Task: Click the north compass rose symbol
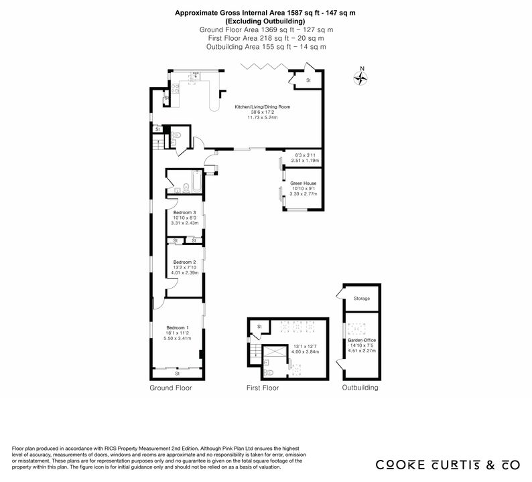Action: [x=360, y=78]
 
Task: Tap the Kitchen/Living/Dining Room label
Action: [x=263, y=106]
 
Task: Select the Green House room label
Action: [x=304, y=183]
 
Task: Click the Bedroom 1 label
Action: [x=178, y=328]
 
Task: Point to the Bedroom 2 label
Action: [x=184, y=262]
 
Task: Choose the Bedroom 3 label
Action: [x=184, y=212]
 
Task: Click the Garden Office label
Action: [x=362, y=340]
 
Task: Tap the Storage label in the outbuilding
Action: [x=362, y=299]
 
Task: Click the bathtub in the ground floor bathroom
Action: [x=197, y=182]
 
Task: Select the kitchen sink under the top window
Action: [x=195, y=77]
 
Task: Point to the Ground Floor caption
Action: [x=171, y=388]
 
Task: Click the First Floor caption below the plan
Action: [x=263, y=388]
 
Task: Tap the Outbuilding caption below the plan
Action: [x=360, y=388]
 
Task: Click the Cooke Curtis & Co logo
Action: [x=448, y=465]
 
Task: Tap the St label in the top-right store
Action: [x=308, y=81]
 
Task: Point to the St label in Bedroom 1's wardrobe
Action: [x=177, y=374]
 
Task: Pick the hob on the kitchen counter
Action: [x=175, y=89]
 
